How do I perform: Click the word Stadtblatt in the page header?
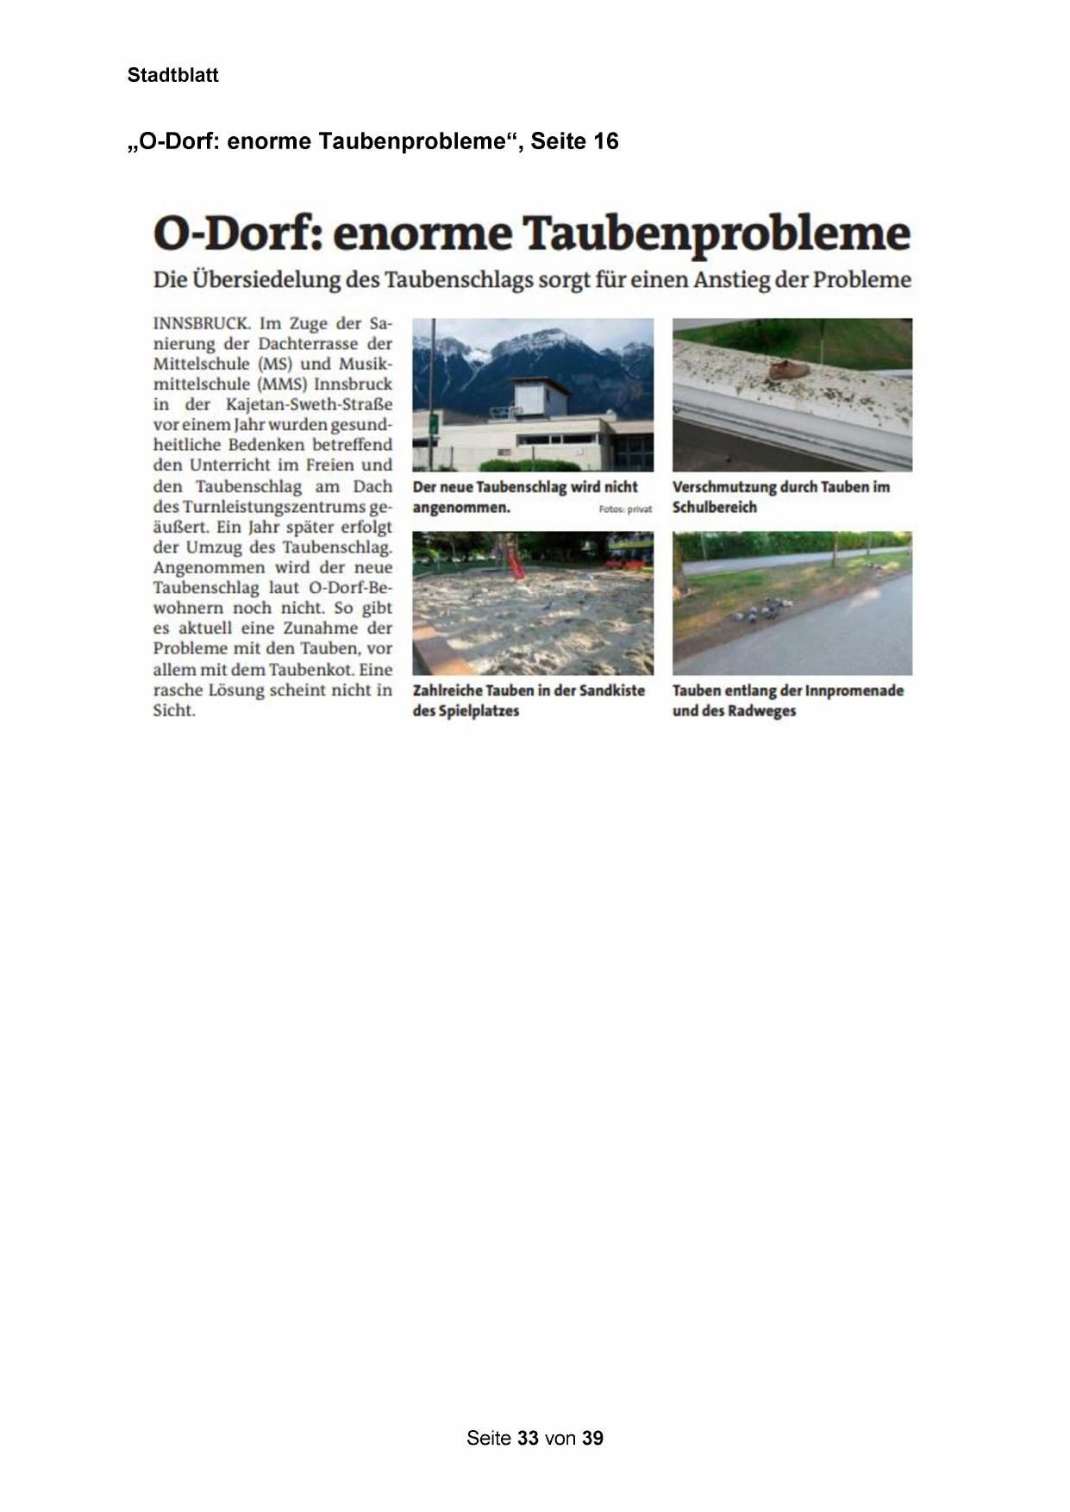[x=172, y=75]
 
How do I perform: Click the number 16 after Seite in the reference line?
[x=604, y=141]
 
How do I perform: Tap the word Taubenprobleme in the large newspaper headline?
[x=716, y=234]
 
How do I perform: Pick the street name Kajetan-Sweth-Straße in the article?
[x=309, y=404]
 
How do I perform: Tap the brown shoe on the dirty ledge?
[x=788, y=371]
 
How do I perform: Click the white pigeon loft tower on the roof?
[x=540, y=399]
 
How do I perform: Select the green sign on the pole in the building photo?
[x=433, y=424]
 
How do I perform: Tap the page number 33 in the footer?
[x=529, y=1438]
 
